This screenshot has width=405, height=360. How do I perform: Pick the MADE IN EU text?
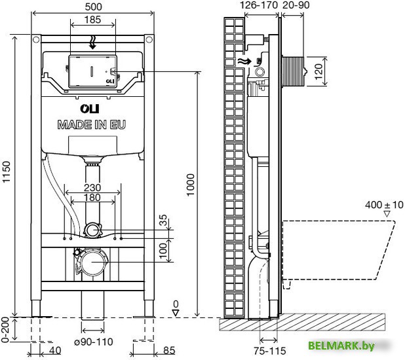coord(92,124)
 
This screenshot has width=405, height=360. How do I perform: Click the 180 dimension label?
coord(92,198)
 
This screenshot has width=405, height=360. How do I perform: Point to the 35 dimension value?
coord(163,220)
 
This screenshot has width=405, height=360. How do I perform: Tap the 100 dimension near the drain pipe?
coord(163,249)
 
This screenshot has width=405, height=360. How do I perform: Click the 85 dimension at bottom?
coord(169,351)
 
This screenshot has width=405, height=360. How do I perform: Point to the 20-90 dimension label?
coord(297,5)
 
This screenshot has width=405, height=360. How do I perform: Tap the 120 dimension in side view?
coord(319,70)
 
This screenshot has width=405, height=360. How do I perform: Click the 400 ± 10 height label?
coord(384,205)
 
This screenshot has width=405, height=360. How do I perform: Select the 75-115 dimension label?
coord(269,351)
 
